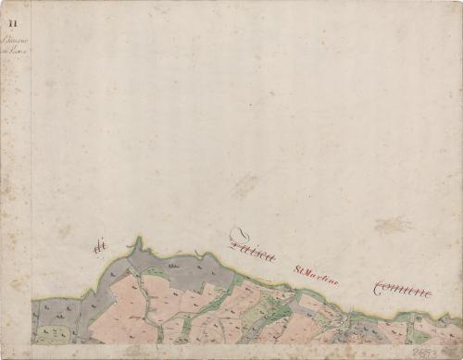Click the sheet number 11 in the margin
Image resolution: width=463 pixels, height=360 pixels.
(14, 9)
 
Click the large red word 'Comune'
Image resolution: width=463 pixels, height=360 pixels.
(403, 291)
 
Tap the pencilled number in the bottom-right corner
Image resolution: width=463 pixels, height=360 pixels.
(446, 352)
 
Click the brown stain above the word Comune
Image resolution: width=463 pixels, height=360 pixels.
(394, 225)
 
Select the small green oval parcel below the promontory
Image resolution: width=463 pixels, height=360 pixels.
(155, 273)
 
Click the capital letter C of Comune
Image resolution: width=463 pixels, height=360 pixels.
(379, 289)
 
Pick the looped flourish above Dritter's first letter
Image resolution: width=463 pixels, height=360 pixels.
(238, 233)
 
